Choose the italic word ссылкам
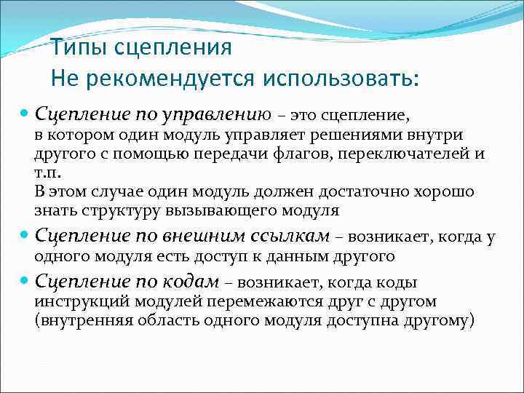click(290, 236)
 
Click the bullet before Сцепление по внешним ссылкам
click(23, 237)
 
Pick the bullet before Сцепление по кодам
click(23, 282)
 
